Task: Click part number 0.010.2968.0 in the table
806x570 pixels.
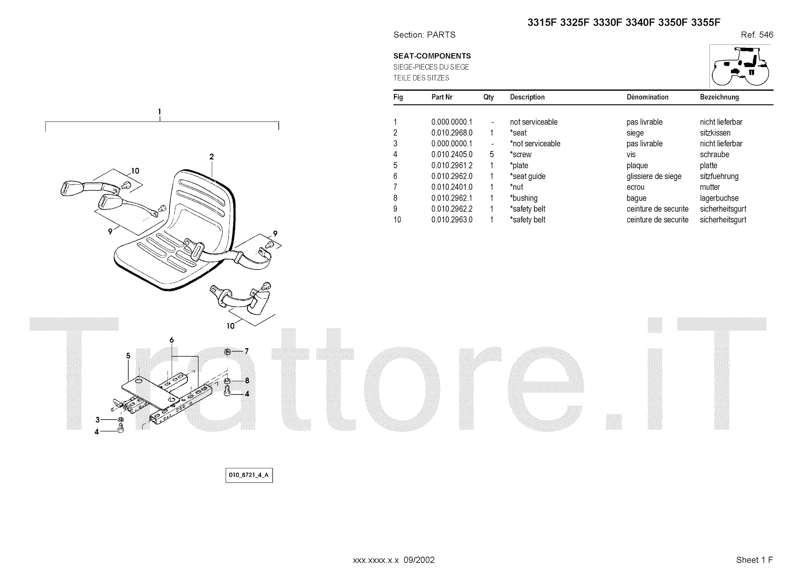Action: pos(452,133)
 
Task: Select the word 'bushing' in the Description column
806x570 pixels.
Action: pos(524,198)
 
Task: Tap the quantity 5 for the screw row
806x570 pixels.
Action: pos(492,155)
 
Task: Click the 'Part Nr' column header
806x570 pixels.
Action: pos(442,97)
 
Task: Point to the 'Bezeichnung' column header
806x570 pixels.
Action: pos(719,97)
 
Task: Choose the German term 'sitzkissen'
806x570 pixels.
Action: pos(715,133)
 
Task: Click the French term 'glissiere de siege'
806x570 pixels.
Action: pos(654,176)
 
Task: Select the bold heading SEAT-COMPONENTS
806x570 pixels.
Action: pos(432,56)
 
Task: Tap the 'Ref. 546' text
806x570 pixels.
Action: pos(757,35)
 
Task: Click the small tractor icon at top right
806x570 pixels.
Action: pos(741,66)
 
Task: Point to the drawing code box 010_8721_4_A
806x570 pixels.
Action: pos(249,475)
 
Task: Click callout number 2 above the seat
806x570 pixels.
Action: pos(212,157)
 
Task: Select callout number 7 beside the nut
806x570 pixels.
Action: pos(246,351)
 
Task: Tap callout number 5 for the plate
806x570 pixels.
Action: pos(128,356)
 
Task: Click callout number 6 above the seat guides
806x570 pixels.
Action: pos(172,340)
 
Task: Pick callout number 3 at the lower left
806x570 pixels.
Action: pos(97,419)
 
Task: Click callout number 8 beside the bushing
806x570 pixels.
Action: pos(247,381)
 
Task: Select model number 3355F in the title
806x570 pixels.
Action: pos(705,22)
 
